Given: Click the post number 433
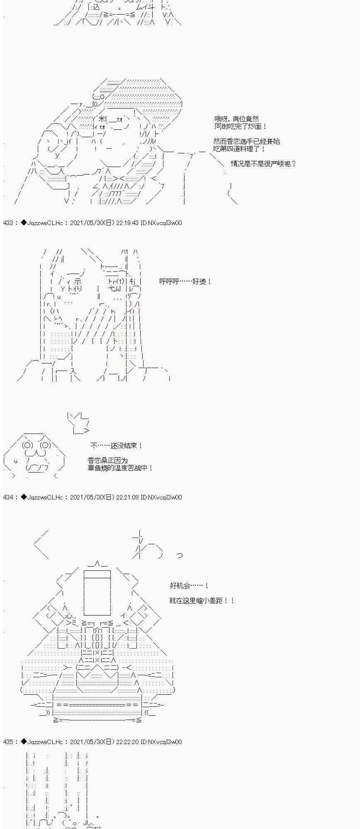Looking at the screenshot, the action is coord(8,223).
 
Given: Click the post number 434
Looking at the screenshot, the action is coord(8,497).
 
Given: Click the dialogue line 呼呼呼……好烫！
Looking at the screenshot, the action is coord(185,281).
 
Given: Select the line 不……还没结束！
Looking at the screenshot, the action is coord(117,446).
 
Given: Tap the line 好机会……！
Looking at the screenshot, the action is coord(190,586).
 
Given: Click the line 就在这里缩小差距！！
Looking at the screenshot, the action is coord(202,601).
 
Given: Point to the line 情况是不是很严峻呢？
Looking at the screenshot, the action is coord(264,164).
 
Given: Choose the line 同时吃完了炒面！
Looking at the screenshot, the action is coord(241,126).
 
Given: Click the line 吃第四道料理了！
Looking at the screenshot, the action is coord(239,149).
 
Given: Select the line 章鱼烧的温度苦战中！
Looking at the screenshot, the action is coord(121,468).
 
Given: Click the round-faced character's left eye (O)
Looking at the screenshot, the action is coord(28,446).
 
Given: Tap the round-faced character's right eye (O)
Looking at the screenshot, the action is coord(46,446).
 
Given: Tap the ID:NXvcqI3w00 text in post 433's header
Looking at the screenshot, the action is coord(161,223).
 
